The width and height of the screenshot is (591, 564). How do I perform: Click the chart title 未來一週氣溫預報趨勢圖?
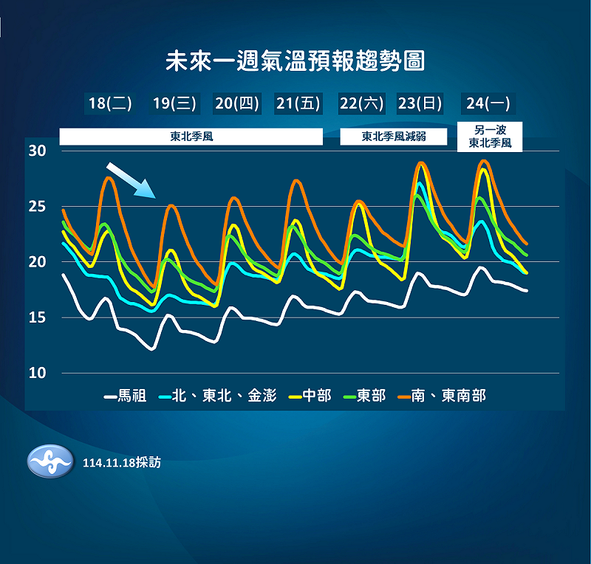point(295,60)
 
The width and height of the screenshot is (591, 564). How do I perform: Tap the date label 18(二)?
point(110,103)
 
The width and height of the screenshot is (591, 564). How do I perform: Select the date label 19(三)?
point(174,103)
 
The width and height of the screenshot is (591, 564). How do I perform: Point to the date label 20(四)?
point(237,103)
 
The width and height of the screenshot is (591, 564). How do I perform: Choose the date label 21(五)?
point(298,103)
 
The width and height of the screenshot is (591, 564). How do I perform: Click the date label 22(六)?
point(362,103)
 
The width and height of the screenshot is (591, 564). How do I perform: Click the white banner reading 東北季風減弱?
point(394,137)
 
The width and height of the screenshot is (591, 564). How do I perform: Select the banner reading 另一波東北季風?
point(490,137)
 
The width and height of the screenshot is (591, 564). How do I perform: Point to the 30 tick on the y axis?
point(37,151)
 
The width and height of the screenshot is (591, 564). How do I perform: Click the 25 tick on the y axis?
point(37,207)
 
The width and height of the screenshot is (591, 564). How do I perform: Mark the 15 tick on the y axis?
point(37,317)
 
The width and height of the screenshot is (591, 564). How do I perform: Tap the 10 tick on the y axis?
point(37,373)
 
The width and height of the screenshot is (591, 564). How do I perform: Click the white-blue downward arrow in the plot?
point(131,180)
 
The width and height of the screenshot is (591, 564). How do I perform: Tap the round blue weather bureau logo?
point(50,463)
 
